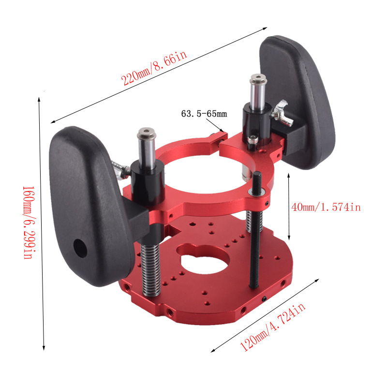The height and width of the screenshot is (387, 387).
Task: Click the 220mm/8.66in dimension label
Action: pos(154,68)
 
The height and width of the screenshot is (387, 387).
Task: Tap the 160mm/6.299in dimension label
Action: pos(29,223)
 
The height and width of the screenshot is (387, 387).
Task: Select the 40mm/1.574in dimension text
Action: pos(326,207)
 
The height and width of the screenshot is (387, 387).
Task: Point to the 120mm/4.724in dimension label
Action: pos(272,327)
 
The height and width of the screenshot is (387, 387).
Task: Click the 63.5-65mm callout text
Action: pos(204,114)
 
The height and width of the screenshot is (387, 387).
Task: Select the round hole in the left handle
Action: pos(80,248)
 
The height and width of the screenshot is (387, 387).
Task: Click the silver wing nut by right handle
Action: pos(282,114)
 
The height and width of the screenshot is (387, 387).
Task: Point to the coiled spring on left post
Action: pos(150,269)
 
